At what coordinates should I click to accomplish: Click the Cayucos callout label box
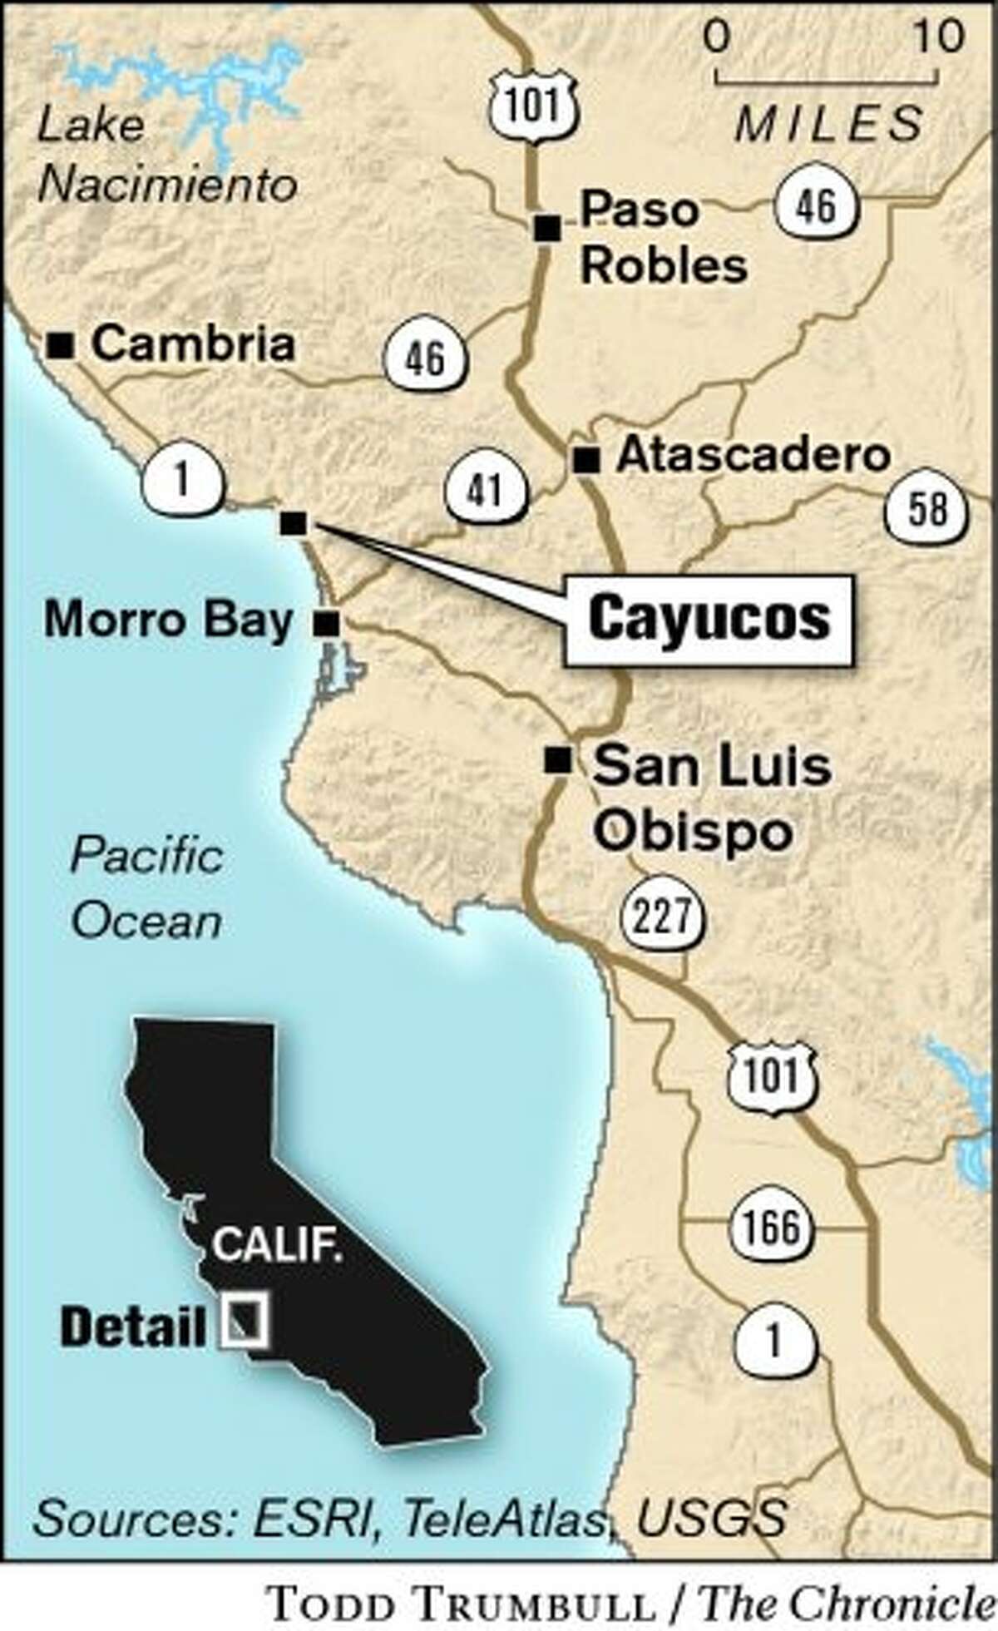pos(709,620)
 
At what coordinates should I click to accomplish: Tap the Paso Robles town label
pos(663,238)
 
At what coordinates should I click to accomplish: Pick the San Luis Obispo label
pos(712,798)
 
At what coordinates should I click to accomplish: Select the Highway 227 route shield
pos(667,917)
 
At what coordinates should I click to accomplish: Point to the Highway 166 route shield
pos(771,1226)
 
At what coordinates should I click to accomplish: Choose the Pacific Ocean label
pos(147,888)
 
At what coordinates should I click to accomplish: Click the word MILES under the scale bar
pos(828,124)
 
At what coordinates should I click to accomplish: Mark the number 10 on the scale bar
pos(937,36)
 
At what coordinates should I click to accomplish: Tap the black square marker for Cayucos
pos(293,523)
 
